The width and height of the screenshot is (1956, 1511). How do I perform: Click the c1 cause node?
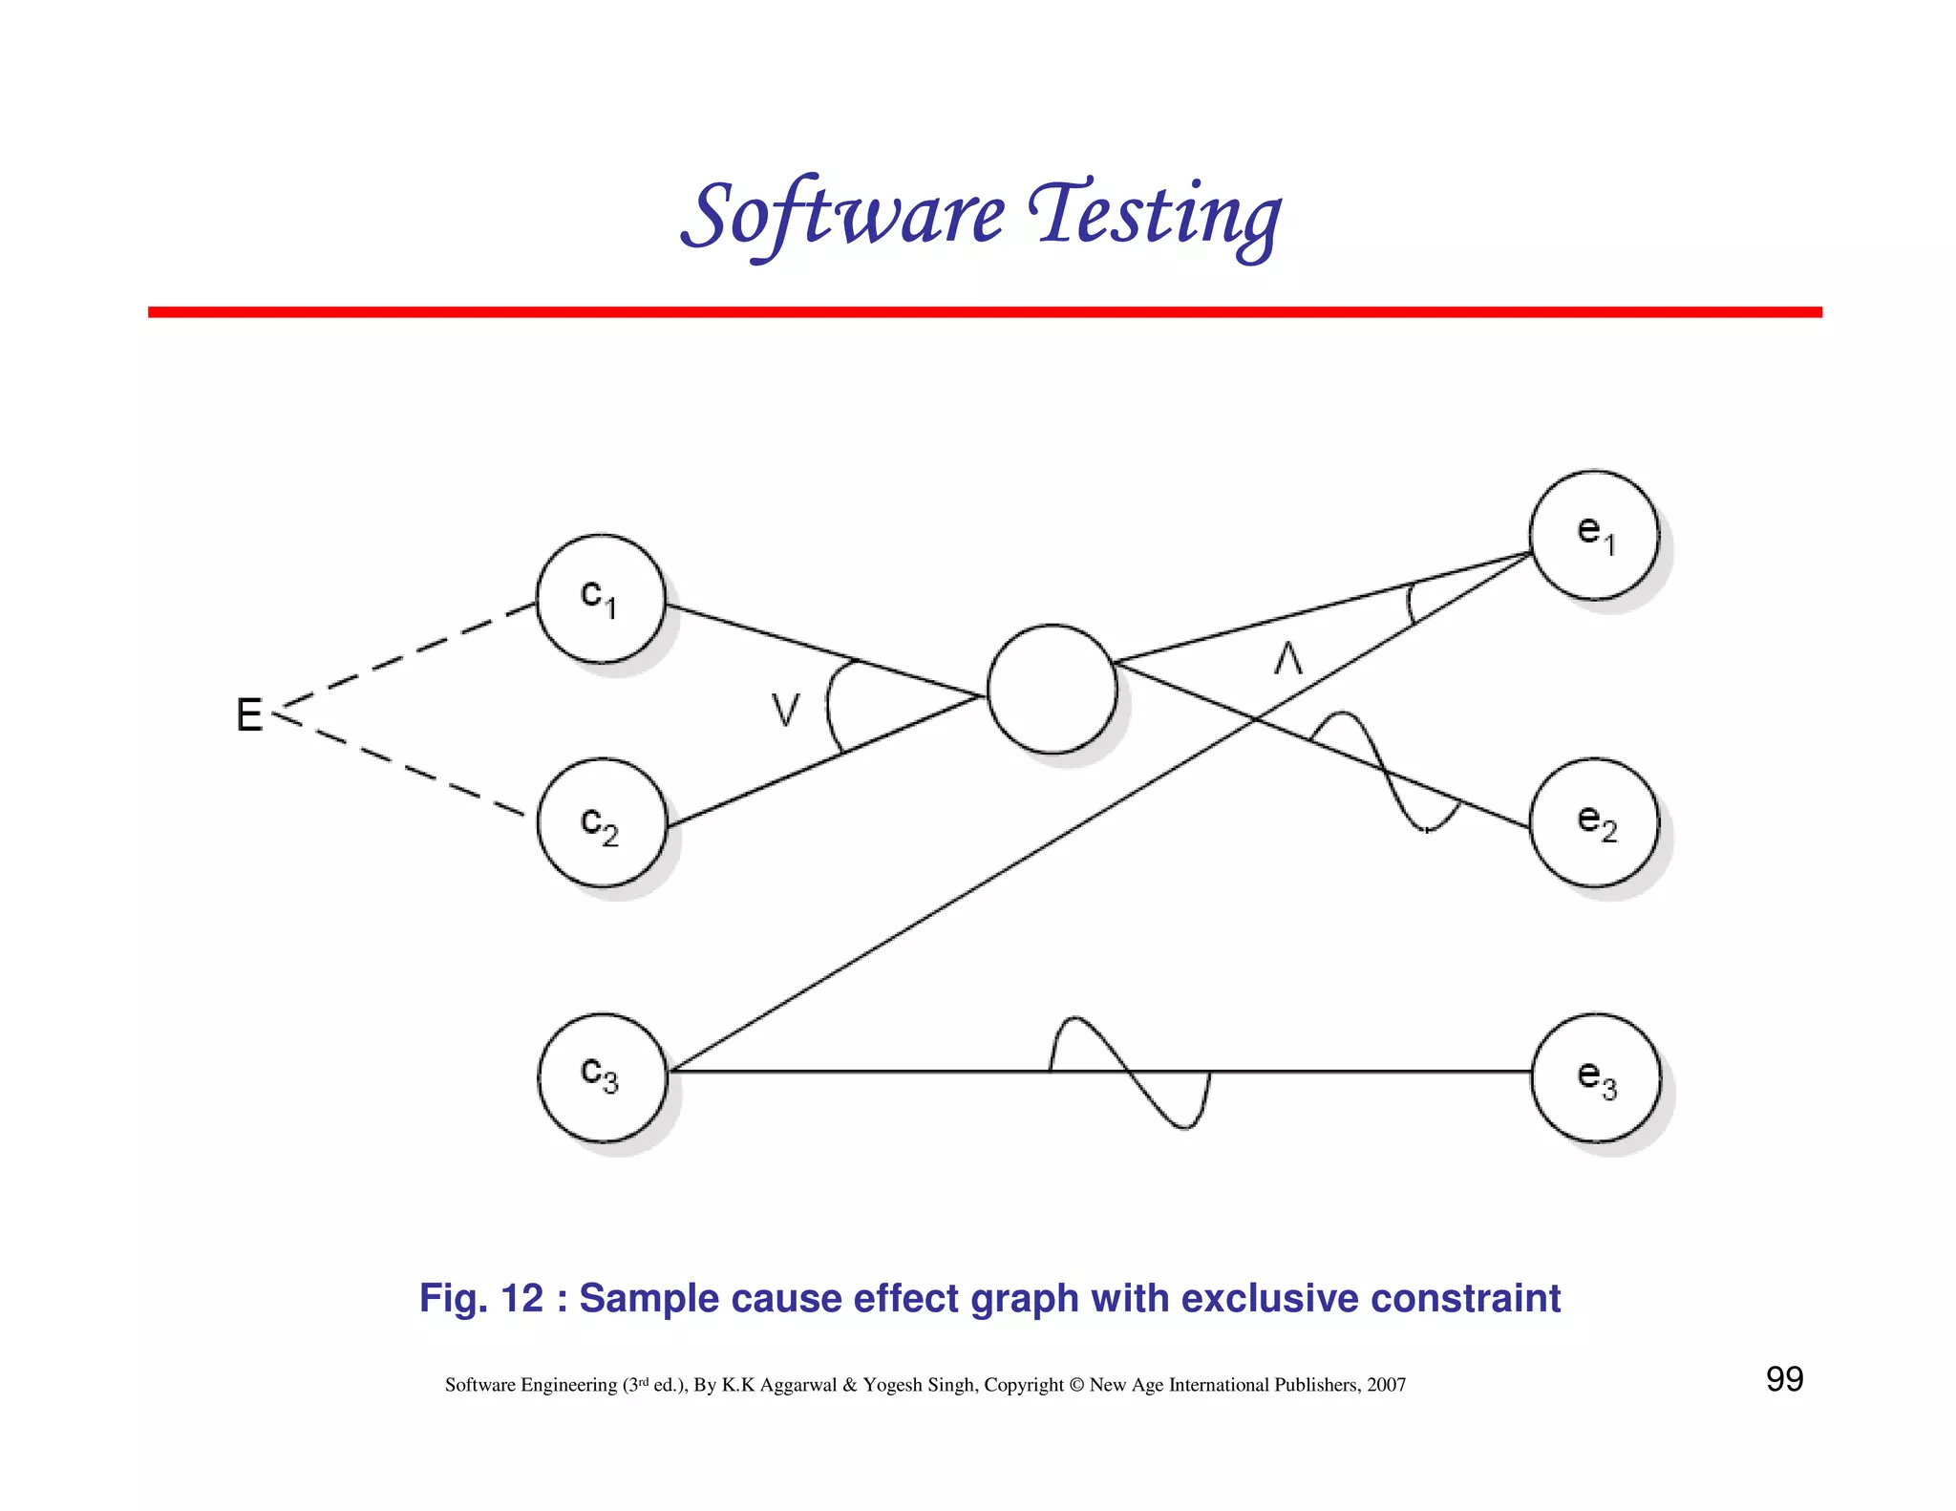(601, 599)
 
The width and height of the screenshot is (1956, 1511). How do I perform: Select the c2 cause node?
(602, 822)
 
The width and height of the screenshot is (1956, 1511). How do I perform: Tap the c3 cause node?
(603, 1077)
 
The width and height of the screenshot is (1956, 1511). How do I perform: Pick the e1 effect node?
(1594, 535)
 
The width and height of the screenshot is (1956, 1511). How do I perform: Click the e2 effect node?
(1594, 822)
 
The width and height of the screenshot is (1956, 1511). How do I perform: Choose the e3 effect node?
(1596, 1077)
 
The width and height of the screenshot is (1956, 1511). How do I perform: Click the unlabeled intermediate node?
(1052, 689)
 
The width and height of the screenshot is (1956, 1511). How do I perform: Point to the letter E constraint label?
(249, 714)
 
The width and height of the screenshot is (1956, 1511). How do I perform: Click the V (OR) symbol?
(785, 710)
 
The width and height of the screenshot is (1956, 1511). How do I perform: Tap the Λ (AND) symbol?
(1288, 658)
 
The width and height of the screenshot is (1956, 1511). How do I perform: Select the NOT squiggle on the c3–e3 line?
(1130, 1072)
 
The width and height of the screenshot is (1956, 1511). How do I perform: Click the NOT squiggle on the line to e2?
(1384, 770)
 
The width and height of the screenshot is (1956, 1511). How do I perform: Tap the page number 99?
(1784, 1379)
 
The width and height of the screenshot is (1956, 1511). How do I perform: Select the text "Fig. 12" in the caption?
(481, 1298)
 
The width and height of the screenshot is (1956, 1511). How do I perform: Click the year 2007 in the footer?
(1386, 1385)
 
